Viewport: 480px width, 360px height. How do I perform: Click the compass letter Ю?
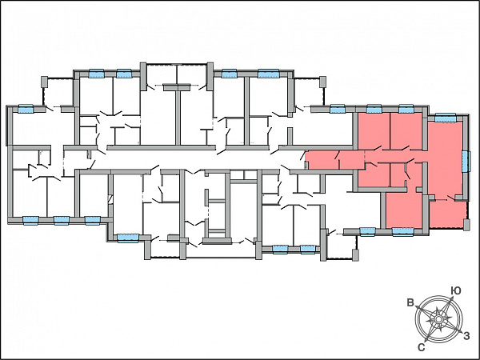pos(456,291)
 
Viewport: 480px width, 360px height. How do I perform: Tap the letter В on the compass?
pos(410,303)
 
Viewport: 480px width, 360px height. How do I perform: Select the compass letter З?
pos(466,336)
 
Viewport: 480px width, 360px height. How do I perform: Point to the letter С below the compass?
pos(422,347)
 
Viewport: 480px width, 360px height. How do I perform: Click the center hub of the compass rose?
pos(438,319)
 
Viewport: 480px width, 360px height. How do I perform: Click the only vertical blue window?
pos(465,162)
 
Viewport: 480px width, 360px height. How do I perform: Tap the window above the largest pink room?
pos(445,118)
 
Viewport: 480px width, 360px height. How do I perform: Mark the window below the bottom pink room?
pos(403,232)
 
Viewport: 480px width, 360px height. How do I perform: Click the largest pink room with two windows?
pos(445,158)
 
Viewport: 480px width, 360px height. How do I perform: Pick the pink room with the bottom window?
pos(404,210)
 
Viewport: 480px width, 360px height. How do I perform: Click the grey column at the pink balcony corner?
pos(466,225)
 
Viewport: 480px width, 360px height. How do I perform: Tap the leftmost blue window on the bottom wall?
pos(31,220)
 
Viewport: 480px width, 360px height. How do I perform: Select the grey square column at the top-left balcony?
pos(44,82)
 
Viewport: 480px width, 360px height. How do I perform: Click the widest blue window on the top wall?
pos(269,74)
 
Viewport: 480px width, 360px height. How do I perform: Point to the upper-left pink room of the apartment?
pos(374,131)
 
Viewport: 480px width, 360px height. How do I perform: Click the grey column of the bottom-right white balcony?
pos(355,255)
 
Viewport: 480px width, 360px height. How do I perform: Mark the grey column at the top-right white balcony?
pos(322,82)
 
